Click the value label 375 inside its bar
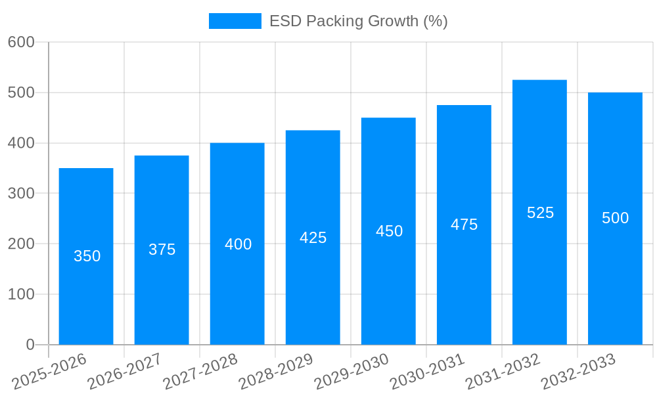click(162, 250)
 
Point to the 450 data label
click(389, 231)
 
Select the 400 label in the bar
click(238, 244)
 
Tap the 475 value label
click(464, 225)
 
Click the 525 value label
click(540, 213)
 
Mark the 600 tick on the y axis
click(21, 42)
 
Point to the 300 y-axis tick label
click(21, 194)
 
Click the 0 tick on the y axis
click(30, 345)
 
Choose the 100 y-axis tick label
click(21, 294)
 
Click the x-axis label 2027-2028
click(200, 372)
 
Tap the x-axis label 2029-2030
click(351, 372)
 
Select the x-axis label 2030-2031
click(427, 372)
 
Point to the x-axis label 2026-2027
click(125, 372)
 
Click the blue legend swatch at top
click(235, 21)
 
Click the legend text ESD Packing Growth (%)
click(359, 21)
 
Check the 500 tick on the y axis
click(21, 93)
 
